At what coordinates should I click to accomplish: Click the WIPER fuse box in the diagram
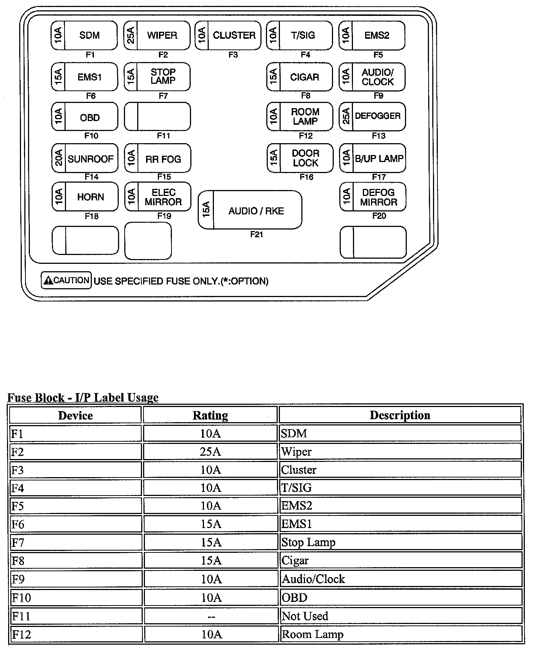157,35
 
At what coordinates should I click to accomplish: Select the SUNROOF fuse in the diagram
85,158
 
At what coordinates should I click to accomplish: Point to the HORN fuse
85,197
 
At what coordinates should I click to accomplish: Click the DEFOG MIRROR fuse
373,197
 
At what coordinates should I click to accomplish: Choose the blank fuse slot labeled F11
157,117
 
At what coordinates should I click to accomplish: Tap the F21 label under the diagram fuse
256,234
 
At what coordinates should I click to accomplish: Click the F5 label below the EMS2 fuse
378,55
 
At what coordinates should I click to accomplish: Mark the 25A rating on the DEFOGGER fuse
346,116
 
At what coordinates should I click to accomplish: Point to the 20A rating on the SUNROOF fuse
59,158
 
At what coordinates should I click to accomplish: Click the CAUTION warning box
66,280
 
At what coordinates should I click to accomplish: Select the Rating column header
210,416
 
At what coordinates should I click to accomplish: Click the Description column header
400,415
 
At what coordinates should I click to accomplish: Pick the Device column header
75,416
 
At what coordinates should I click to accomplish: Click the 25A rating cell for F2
210,452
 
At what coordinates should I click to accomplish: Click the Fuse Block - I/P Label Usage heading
83,397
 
